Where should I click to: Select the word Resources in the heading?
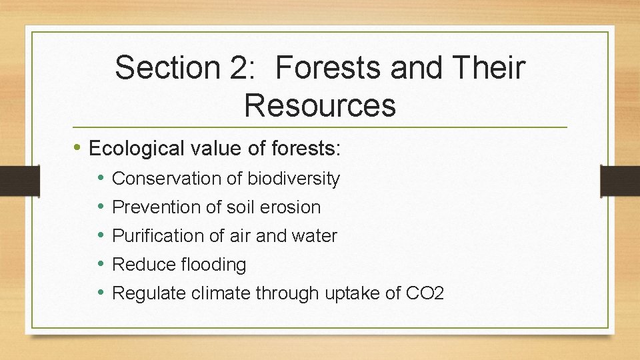coord(320,105)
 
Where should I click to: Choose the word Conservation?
coord(157,179)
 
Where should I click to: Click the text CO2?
coord(424,293)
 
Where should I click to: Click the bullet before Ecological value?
coord(79,147)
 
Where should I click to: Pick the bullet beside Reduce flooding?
coord(101,264)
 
